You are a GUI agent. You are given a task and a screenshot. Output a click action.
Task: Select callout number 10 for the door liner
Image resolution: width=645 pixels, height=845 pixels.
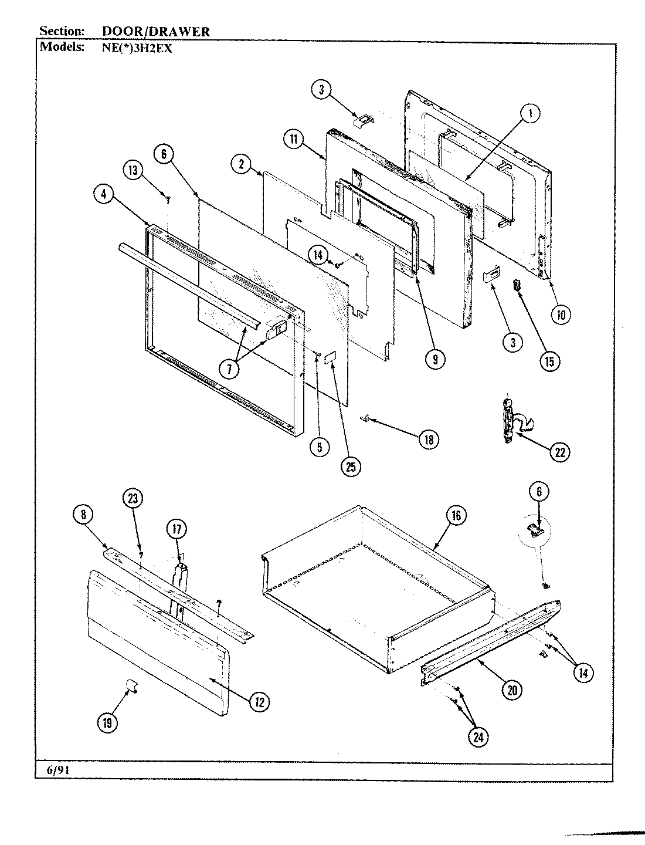(561, 315)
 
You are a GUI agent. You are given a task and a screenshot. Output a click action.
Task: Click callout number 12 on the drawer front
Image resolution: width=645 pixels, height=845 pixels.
(259, 701)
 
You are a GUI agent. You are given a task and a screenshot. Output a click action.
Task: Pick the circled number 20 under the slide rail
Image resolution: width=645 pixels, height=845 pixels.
(512, 690)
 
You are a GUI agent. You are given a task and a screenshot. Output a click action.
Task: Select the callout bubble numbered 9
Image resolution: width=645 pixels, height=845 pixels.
(434, 359)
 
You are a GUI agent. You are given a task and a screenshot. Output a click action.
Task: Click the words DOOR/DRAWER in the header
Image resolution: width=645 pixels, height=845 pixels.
(152, 32)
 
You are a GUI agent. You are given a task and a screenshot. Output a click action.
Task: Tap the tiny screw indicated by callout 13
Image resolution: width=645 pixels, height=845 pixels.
(168, 200)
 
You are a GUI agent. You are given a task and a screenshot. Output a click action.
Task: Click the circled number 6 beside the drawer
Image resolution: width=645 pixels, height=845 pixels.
(539, 494)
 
